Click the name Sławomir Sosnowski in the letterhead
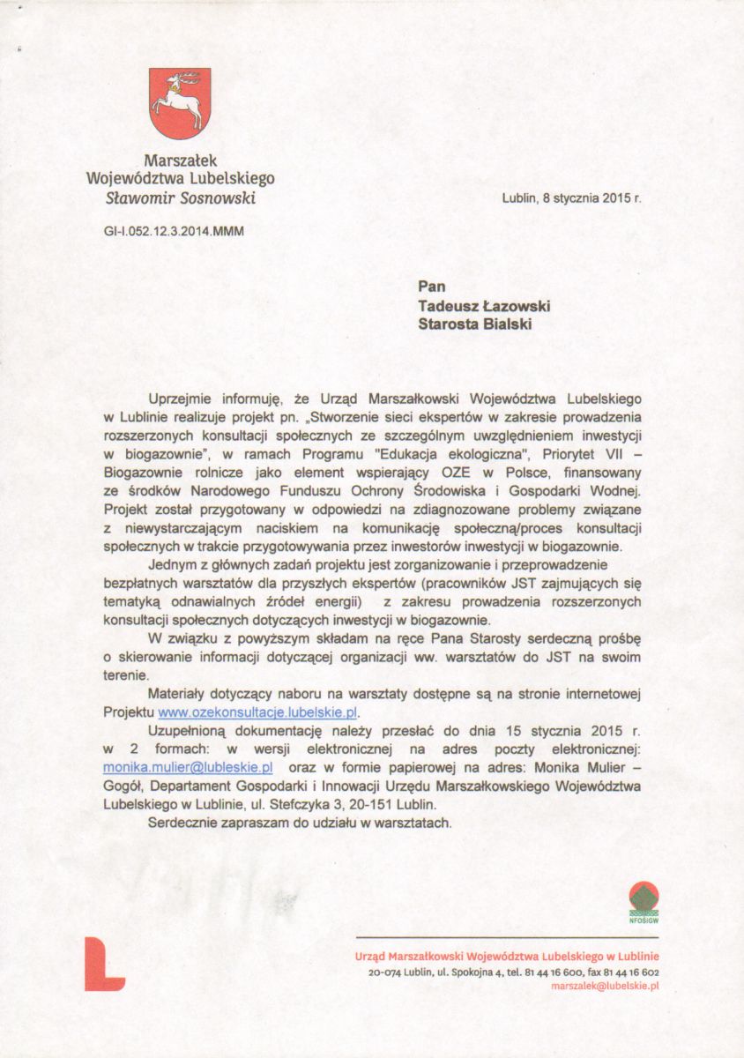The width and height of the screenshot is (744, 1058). [180, 197]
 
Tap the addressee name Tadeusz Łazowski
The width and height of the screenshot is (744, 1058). [484, 305]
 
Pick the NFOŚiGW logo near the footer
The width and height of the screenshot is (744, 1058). [644, 902]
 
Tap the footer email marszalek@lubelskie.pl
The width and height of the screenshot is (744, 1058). [605, 986]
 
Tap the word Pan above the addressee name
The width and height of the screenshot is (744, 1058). [432, 287]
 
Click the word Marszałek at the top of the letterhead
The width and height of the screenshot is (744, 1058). [180, 160]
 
